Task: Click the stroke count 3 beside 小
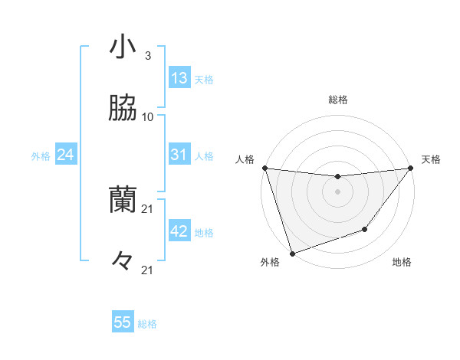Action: pyautogui.click(x=147, y=56)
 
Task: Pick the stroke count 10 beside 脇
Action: pyautogui.click(x=148, y=117)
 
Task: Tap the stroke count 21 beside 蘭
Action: pyautogui.click(x=148, y=208)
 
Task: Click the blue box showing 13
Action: pyautogui.click(x=179, y=78)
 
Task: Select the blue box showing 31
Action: pyautogui.click(x=179, y=155)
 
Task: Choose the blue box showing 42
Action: pyautogui.click(x=179, y=231)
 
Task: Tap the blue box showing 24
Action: pyautogui.click(x=66, y=155)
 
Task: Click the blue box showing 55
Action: pyautogui.click(x=123, y=322)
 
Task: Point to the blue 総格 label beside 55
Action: pyautogui.click(x=148, y=324)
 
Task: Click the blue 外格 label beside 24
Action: pyautogui.click(x=41, y=156)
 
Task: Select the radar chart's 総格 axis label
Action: pyautogui.click(x=337, y=100)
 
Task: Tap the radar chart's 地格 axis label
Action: pyautogui.click(x=402, y=263)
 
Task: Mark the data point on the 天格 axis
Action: pyautogui.click(x=410, y=169)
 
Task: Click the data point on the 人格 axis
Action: pyautogui.click(x=264, y=168)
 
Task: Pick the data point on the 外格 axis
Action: pyautogui.click(x=292, y=252)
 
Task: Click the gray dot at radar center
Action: pyautogui.click(x=337, y=191)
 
